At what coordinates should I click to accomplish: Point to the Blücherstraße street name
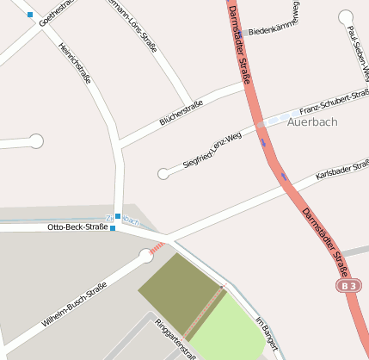coord(181,114)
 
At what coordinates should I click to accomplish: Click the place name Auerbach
coord(312,121)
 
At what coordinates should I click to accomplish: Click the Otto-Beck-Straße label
coord(77,227)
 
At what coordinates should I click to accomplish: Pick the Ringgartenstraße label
coord(175,338)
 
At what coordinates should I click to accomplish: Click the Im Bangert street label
coord(268,333)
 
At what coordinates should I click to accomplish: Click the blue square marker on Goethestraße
coord(30,15)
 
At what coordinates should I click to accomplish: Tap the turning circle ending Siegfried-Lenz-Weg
coord(163,174)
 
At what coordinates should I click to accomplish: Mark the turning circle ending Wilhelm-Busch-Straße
coord(145,255)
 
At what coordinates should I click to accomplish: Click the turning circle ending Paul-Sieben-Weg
coord(346,16)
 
